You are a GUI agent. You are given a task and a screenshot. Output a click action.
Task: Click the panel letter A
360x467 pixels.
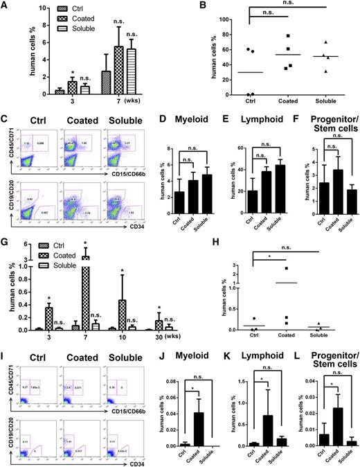[x=6, y=7]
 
